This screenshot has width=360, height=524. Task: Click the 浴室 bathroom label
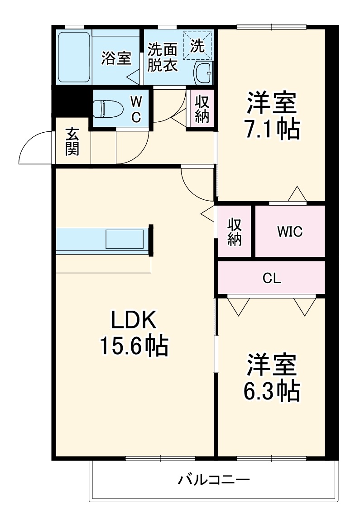tap(116, 58)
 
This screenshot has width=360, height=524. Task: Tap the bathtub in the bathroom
tap(73, 57)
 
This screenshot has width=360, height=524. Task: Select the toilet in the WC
tap(105, 109)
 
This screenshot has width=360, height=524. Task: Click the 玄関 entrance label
tap(72, 141)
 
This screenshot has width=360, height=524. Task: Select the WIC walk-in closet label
tap(290, 231)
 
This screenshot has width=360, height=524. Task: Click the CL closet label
tap(272, 278)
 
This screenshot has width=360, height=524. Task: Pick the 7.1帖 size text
tap(272, 130)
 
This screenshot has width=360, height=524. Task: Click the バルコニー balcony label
tap(213, 480)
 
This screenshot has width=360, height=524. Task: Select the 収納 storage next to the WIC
tap(234, 232)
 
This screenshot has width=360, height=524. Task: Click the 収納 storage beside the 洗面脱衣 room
tap(202, 110)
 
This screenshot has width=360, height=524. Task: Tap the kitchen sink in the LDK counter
tap(124, 238)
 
